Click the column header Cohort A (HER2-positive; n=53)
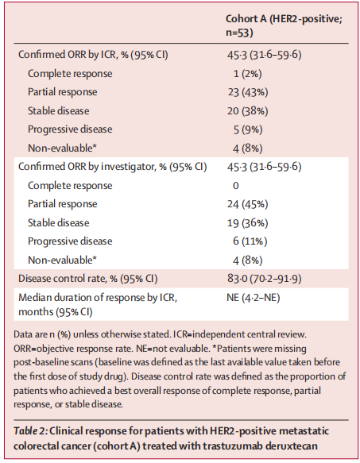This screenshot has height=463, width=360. tap(284, 25)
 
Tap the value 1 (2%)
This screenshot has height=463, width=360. tap(247, 74)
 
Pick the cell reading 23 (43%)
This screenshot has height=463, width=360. tap(248, 92)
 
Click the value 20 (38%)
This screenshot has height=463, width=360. tap(248, 111)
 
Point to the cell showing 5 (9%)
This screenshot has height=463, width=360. tap(248, 129)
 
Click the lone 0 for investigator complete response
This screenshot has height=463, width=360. tap(235, 185)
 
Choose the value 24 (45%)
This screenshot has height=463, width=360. tap(248, 204)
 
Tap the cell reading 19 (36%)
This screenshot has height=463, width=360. tap(248, 223)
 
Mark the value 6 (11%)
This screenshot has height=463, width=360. tap(250, 241)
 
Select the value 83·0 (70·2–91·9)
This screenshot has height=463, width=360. tap(264, 279)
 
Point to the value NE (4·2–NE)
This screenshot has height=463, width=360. tap(253, 297)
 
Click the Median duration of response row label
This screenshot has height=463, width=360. tap(98, 304)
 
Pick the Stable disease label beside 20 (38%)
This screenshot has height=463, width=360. tap(58, 110)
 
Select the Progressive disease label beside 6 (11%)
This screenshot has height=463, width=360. tap(70, 241)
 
